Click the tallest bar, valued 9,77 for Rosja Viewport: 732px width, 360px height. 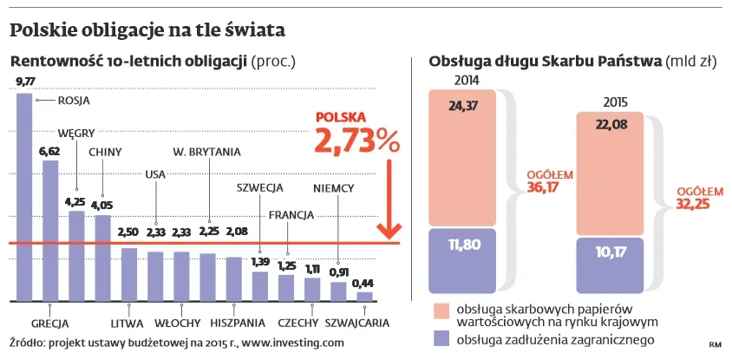pyautogui.click(x=24, y=195)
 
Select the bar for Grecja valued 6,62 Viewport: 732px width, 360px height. pyautogui.click(x=50, y=230)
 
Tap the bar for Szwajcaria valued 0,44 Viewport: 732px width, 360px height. pyautogui.click(x=364, y=296)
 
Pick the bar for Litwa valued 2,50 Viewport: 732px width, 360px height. pyautogui.click(x=128, y=274)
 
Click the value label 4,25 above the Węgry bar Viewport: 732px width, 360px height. pyautogui.click(x=75, y=202)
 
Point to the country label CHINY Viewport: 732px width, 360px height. pyautogui.click(x=105, y=152)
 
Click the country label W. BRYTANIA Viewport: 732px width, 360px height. pyautogui.click(x=206, y=152)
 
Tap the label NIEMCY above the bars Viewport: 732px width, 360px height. pyautogui.click(x=334, y=188)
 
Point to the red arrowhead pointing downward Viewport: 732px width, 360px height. pyautogui.click(x=389, y=232)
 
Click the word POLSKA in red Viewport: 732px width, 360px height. pyautogui.click(x=341, y=116)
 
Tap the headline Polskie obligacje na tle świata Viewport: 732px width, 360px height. pyautogui.click(x=147, y=32)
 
